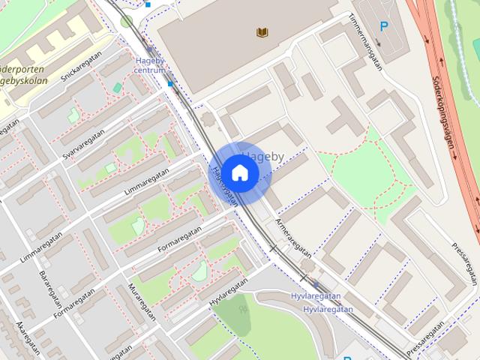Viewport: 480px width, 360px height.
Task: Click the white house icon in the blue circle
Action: (238, 173)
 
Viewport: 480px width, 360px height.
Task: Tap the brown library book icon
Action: (262, 32)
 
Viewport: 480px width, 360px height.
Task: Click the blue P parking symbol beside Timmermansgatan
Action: (384, 27)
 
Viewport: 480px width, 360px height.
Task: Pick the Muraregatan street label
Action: (142, 301)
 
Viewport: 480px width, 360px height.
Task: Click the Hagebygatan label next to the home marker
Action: (224, 185)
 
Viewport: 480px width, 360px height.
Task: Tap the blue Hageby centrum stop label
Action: (150, 65)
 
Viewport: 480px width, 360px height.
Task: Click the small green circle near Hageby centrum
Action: (127, 21)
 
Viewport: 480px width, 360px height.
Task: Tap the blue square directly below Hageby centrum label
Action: (170, 84)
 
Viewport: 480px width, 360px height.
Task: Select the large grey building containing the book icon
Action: (240, 45)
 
